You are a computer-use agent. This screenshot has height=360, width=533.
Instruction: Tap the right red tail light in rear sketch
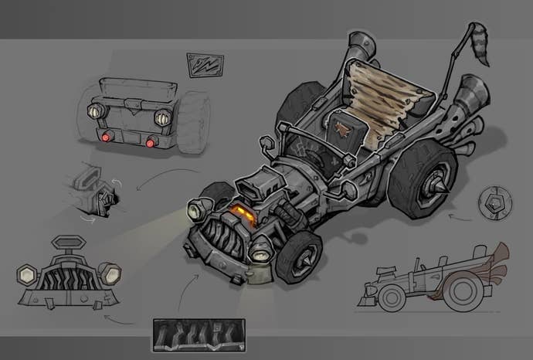click(x=151, y=143)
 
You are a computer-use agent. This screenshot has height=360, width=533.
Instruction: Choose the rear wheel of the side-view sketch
click(x=464, y=291)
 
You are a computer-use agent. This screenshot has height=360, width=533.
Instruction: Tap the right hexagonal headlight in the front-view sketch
click(x=110, y=272)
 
